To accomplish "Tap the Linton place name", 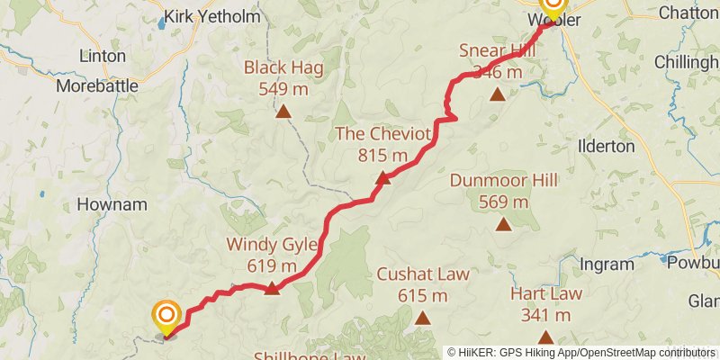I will click(103, 56).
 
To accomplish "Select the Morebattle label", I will click(97, 86).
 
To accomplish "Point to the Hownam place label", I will click(112, 204).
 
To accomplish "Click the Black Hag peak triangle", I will click(283, 112).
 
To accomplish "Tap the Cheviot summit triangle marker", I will click(382, 178).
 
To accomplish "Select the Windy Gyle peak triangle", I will click(272, 289).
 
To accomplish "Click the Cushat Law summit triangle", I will click(422, 318).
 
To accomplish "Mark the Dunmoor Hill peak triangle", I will click(503, 225).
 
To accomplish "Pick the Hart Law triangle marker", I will click(544, 337).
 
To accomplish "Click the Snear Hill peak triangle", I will click(496, 93).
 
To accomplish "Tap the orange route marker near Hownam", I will click(166, 316).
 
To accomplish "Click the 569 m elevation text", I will click(503, 202).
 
